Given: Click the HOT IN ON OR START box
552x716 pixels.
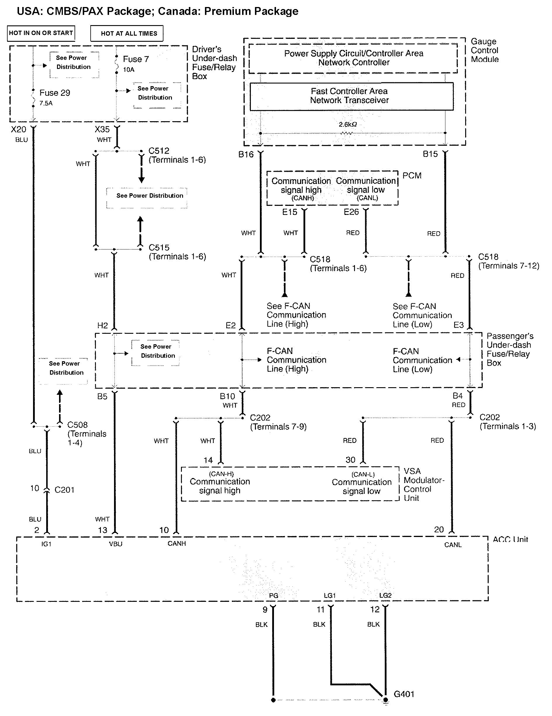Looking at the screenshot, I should pos(41,33).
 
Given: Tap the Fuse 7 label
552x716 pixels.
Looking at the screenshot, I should pos(136,59).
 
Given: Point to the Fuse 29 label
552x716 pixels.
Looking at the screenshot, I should pos(54,93).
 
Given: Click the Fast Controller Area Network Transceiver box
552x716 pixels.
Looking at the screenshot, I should pos(351,96).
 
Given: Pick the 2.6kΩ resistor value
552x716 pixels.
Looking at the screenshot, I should pos(348,125).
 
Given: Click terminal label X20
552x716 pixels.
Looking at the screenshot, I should pos(18,129).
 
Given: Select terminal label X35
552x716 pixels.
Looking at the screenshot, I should pos(102,129).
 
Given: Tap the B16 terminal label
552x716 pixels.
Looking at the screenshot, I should pos(246,154).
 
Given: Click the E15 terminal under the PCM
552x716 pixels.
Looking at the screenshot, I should pos(289,212).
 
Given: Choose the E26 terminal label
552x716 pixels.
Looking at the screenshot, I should pos(351,212).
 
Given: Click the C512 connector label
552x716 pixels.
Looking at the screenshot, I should pos(159,151).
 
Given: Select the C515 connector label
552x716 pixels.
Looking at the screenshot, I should pos(159,248).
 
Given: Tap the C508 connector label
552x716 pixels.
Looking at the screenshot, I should pos(77,425).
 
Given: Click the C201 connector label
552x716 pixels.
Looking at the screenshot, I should pos(64,490).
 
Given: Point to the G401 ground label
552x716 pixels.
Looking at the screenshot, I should pos(404,694).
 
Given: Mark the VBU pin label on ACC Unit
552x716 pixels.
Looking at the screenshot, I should pos(115,544).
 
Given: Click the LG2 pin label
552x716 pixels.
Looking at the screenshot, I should pos(385,595).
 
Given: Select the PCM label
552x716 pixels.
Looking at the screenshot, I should pos(412,176).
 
